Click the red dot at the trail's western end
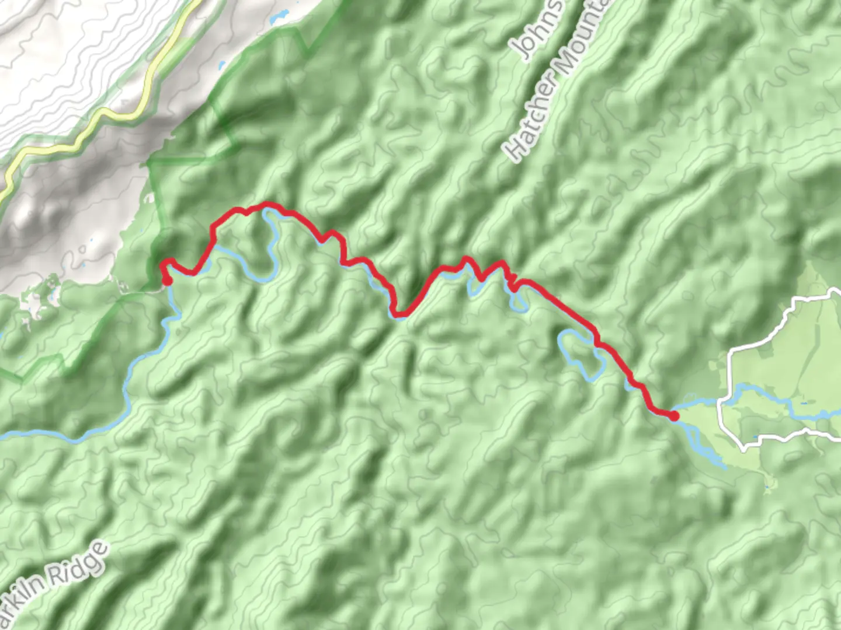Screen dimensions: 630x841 point(167,281)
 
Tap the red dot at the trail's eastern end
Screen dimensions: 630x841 point(674,416)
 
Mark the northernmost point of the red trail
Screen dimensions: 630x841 point(267,204)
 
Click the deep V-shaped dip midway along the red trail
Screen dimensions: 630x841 point(399,315)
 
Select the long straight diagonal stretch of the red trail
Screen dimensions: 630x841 point(561,306)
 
